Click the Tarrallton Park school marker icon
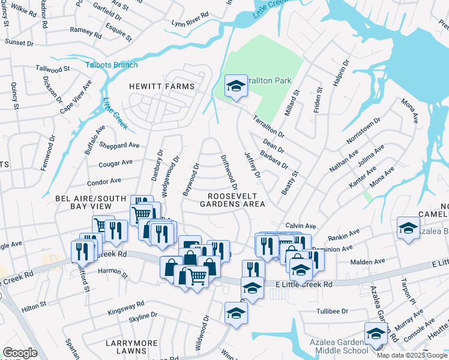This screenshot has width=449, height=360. tap(236, 86)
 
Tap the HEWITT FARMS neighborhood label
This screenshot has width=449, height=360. tap(162, 86)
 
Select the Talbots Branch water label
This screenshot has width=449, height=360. tap(111, 65)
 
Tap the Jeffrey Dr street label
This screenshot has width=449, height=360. tap(253, 164)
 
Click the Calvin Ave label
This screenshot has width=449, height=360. tap(301, 226)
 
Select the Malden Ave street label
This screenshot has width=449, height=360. tap(387, 262)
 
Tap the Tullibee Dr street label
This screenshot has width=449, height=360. tap(332, 311)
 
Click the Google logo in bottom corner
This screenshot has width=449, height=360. tap(20, 353)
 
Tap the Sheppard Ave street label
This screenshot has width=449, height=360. tap(120, 145)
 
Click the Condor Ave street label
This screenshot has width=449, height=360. tap(104, 181)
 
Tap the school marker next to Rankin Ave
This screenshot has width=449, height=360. tap(408, 229)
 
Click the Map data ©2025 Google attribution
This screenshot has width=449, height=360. tap(412, 355)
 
